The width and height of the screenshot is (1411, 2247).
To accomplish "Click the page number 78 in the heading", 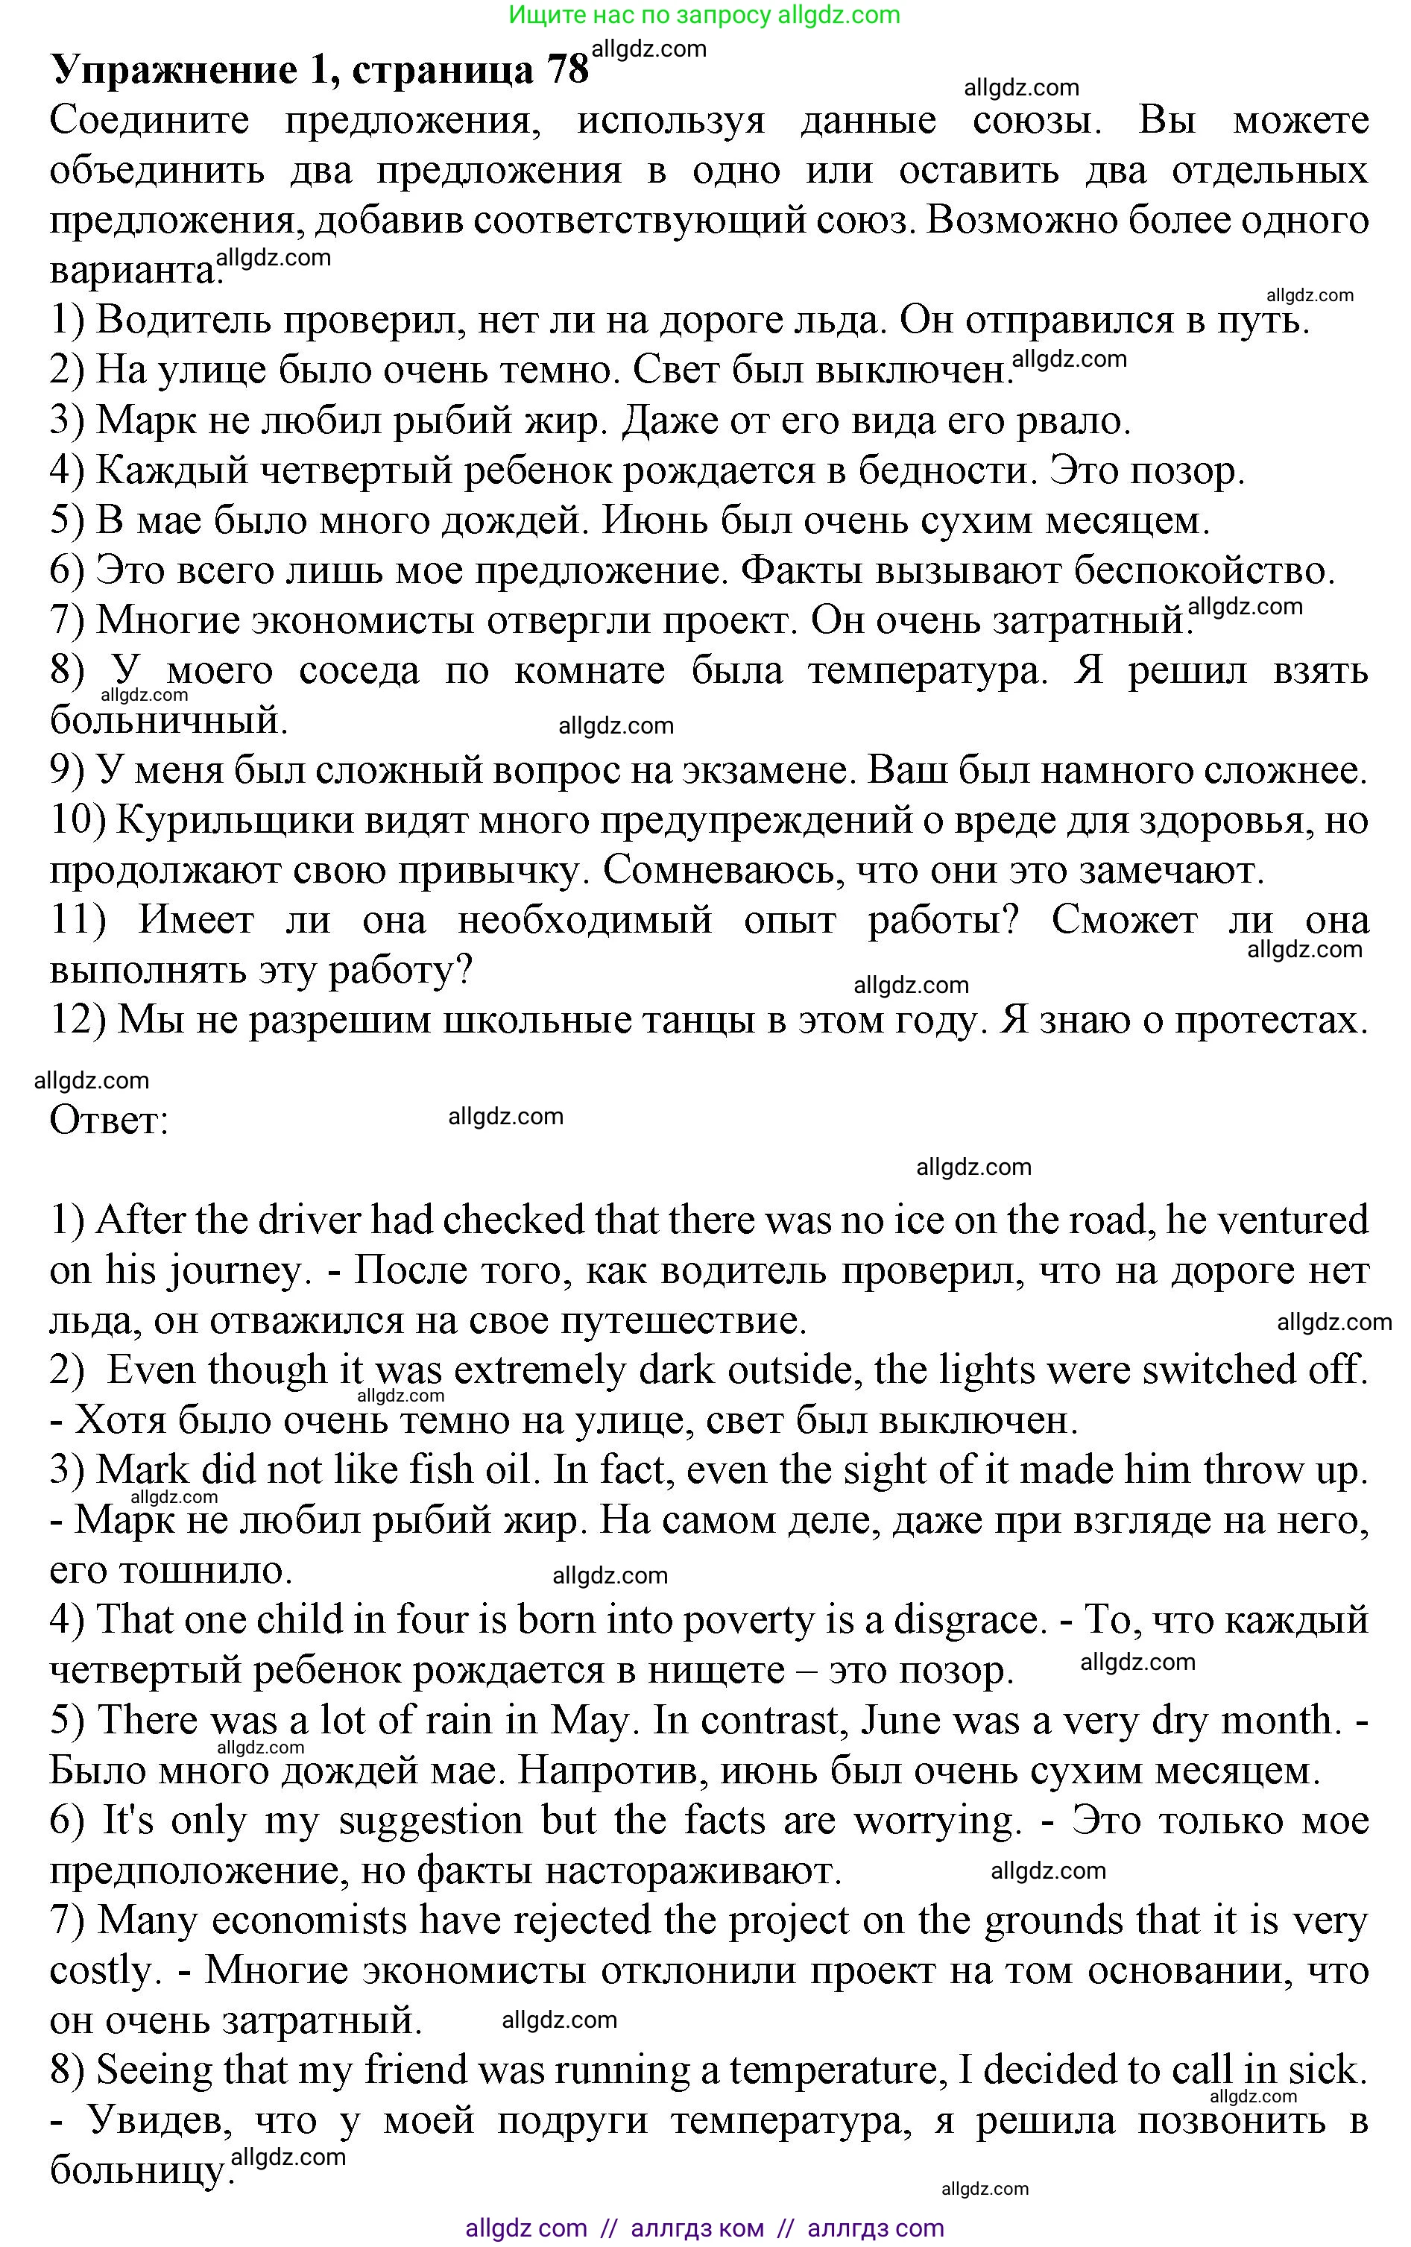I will (x=567, y=69).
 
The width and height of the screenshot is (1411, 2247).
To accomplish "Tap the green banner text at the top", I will (x=704, y=15).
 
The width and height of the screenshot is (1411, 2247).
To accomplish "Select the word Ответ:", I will (x=108, y=1121).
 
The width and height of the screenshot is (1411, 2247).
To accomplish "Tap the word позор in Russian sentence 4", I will (x=1185, y=471).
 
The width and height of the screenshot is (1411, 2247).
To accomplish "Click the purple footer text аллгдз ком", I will (x=697, y=2228).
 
